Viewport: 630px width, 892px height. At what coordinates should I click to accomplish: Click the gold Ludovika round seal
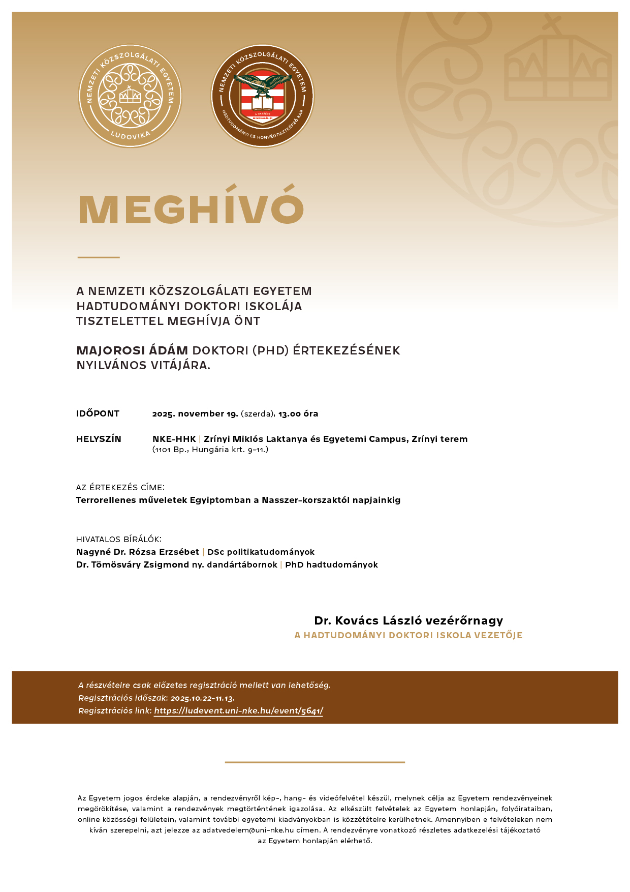130,96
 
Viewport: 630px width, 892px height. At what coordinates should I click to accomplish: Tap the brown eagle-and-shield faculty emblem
263,96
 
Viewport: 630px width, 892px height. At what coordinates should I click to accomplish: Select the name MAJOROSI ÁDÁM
132,350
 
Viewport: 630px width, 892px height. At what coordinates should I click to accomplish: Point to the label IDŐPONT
98,413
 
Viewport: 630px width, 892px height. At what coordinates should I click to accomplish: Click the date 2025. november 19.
195,413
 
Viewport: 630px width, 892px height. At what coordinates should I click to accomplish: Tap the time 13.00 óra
298,413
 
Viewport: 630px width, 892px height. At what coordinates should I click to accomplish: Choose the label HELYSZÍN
99,439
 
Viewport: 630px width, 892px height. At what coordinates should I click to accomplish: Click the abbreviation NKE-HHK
174,439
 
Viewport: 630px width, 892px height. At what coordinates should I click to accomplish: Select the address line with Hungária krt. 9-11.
210,450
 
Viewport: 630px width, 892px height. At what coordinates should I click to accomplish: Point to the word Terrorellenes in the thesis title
106,500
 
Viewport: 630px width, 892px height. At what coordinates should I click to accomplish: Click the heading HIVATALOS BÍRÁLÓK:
119,539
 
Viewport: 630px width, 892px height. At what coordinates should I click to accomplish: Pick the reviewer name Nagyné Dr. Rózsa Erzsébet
138,552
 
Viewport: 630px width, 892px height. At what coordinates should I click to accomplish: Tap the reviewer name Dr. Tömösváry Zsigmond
133,564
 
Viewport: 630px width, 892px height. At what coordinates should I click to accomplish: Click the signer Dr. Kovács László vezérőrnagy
408,620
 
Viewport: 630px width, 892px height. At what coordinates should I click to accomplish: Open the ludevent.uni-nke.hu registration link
238,711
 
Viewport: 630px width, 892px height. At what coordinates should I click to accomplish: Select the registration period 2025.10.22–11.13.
202,698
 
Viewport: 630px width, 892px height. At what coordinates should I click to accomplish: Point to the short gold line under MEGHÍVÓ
99,257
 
